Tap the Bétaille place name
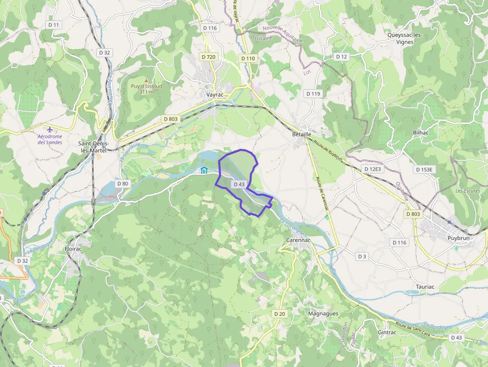(x=302, y=134)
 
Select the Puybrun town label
(x=458, y=238)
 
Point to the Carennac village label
(x=298, y=240)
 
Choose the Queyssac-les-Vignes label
(x=404, y=38)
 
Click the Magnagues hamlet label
(x=323, y=314)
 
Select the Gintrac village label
(x=387, y=332)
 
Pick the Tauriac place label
(x=425, y=287)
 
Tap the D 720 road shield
(x=209, y=57)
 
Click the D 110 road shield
(x=248, y=58)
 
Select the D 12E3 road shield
(x=372, y=169)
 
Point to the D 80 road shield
(x=122, y=184)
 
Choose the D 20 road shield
(x=279, y=314)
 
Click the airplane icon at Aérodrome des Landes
(x=49, y=129)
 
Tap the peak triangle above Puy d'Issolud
(x=146, y=80)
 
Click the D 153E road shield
(x=425, y=169)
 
